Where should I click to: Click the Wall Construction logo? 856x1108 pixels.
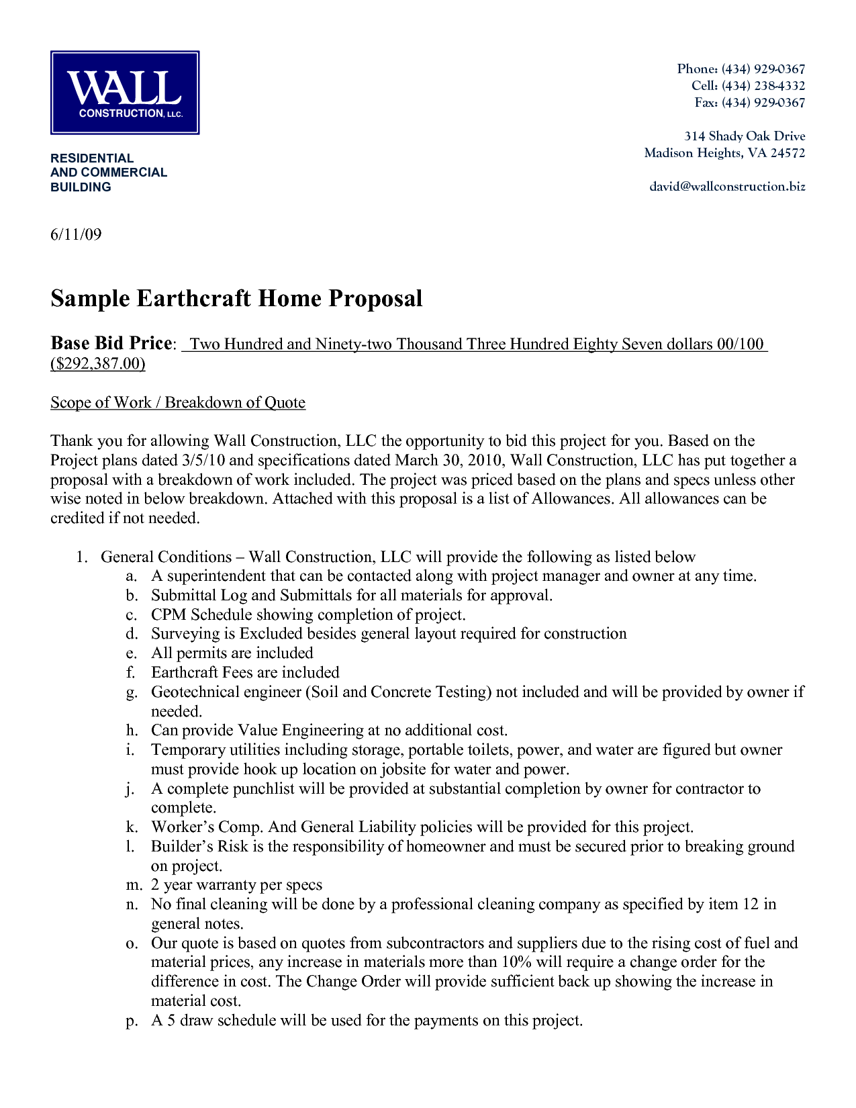(125, 93)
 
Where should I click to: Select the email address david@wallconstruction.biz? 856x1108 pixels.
(727, 187)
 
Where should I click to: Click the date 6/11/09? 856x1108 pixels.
(76, 234)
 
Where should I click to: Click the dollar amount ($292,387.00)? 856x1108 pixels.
(98, 363)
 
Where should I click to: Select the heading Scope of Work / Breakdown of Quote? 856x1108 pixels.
(178, 402)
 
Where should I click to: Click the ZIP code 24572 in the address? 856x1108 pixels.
(788, 153)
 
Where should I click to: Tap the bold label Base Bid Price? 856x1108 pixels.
(111, 343)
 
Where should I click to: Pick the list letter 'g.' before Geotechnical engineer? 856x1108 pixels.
(132, 692)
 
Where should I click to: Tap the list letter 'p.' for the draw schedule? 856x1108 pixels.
(132, 1021)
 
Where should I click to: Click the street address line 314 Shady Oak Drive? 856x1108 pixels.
(745, 136)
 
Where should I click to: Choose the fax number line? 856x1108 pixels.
(749, 103)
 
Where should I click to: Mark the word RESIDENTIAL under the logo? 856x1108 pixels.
(92, 158)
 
